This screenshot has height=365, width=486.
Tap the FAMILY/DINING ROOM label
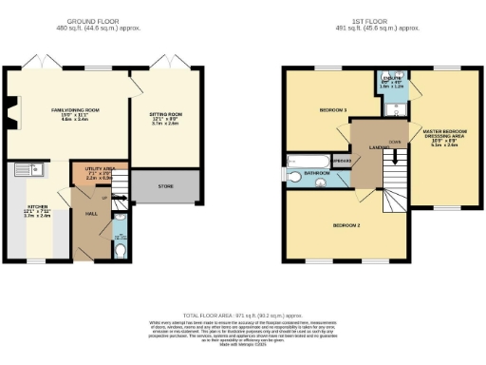[76, 111]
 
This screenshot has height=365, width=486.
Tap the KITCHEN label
[34, 206]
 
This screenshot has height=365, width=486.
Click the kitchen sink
[24, 171]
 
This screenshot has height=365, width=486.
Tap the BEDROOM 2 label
[345, 226]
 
